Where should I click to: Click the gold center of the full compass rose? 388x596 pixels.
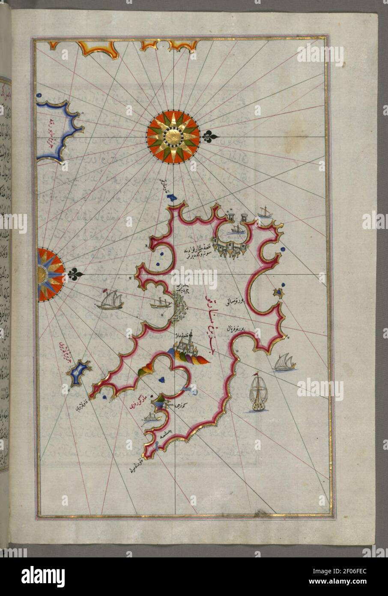[173, 137]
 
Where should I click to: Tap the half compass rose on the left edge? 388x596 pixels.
[49, 274]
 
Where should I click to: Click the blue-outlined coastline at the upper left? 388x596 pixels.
[60, 131]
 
